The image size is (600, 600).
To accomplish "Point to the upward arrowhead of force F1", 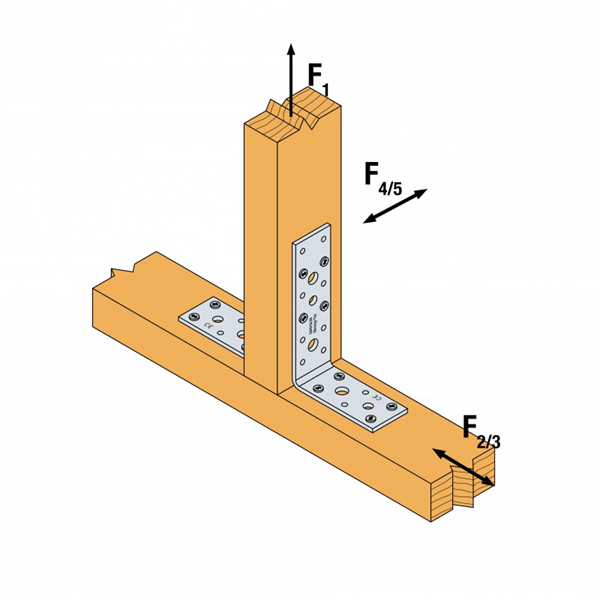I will coord(291,48).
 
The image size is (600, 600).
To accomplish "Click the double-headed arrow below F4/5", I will coord(395,206).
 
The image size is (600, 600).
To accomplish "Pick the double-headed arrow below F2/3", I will coord(462,468).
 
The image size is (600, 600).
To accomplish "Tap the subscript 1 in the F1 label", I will coord(326,89).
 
